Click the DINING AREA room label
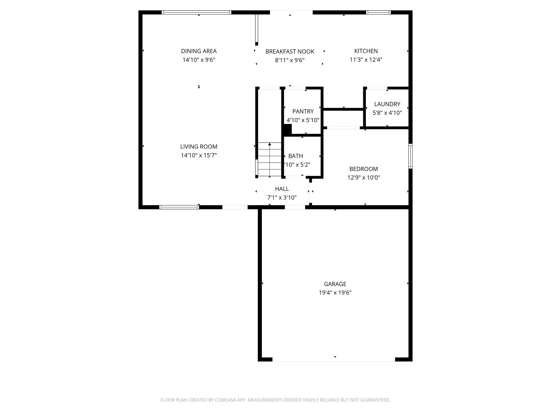click(199, 51)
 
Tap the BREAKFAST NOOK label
click(290, 51)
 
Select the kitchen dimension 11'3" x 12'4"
click(366, 60)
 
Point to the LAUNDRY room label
click(387, 104)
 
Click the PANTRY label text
click(303, 111)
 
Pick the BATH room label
click(295, 156)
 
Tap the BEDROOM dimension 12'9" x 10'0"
click(364, 177)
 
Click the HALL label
click(282, 189)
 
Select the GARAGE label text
click(335, 284)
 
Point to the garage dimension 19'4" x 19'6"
click(335, 292)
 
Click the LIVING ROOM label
click(199, 147)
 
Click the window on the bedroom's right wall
click(410, 156)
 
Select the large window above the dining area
click(196, 12)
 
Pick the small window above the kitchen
click(378, 12)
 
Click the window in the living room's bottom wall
click(179, 207)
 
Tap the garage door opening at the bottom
click(334, 359)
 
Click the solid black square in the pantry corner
click(287, 129)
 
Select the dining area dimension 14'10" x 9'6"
click(199, 60)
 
